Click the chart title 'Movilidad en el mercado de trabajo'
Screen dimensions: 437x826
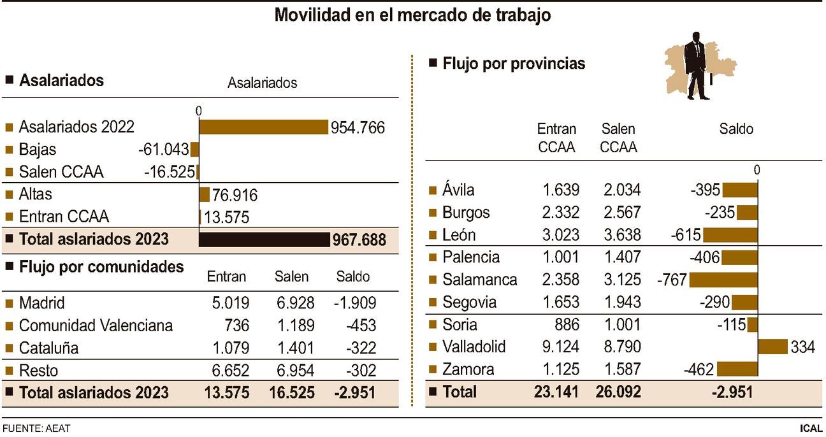point(412,15)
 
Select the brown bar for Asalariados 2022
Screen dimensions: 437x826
point(263,127)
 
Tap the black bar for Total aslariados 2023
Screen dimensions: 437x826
point(264,240)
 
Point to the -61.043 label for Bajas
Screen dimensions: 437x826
point(163,150)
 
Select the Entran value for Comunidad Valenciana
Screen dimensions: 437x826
point(233,326)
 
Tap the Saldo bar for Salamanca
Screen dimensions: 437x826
point(723,280)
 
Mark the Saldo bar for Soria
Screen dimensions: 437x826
point(753,324)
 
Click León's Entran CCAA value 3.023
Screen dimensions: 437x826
point(561,234)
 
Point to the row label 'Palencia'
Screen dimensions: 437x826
point(471,257)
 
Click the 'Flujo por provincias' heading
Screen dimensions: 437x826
point(514,64)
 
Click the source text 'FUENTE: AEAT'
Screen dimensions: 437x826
point(36,428)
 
